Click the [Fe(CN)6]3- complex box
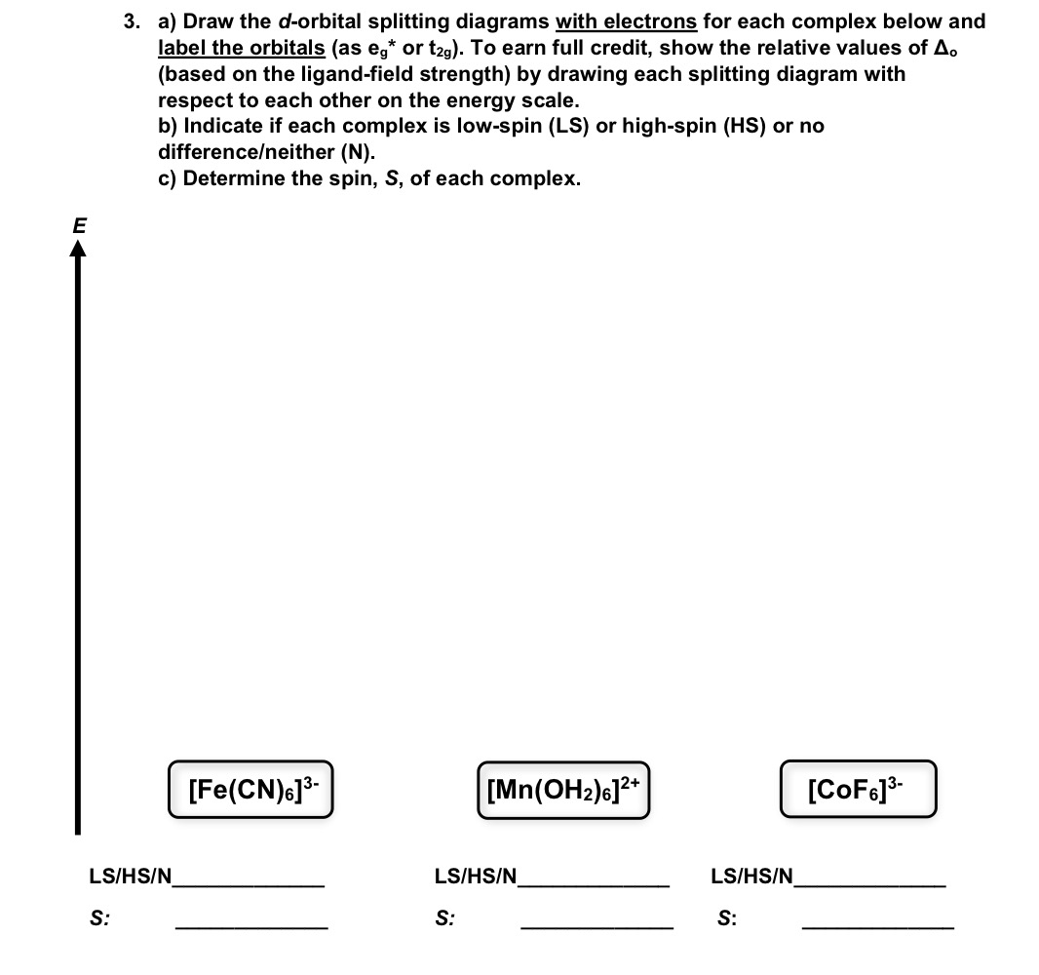251,787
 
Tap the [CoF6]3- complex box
858,787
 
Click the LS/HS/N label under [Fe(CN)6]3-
130,877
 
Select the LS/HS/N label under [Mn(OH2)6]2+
476,877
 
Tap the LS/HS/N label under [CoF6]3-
752,877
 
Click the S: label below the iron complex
98,917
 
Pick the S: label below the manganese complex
444,917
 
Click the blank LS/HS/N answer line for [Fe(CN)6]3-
249,883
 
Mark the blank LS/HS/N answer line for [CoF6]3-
869,883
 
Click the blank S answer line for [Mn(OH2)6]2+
596,925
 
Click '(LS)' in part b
566,127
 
